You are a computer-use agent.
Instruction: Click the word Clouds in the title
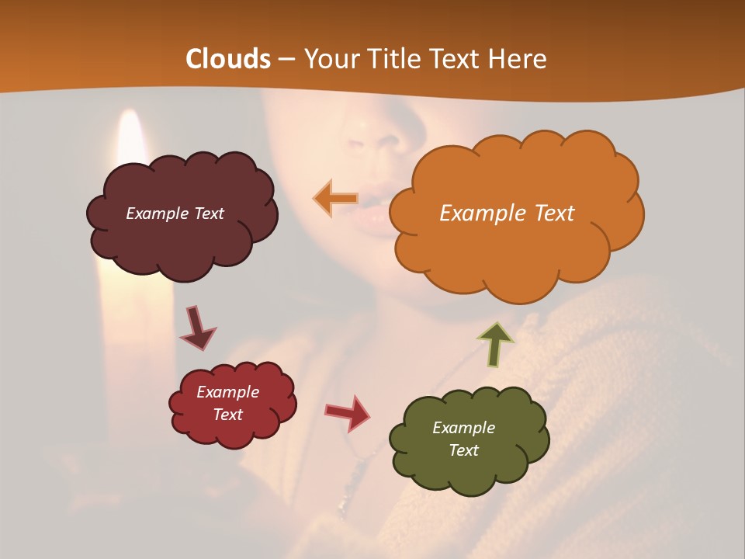(227, 59)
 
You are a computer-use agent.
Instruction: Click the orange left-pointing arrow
(335, 198)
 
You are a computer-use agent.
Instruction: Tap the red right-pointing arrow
(348, 412)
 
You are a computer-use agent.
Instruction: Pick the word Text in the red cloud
(228, 415)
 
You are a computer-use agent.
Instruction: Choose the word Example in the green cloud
(463, 428)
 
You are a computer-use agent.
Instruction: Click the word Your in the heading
(329, 59)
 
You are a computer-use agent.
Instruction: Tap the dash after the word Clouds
(286, 60)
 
